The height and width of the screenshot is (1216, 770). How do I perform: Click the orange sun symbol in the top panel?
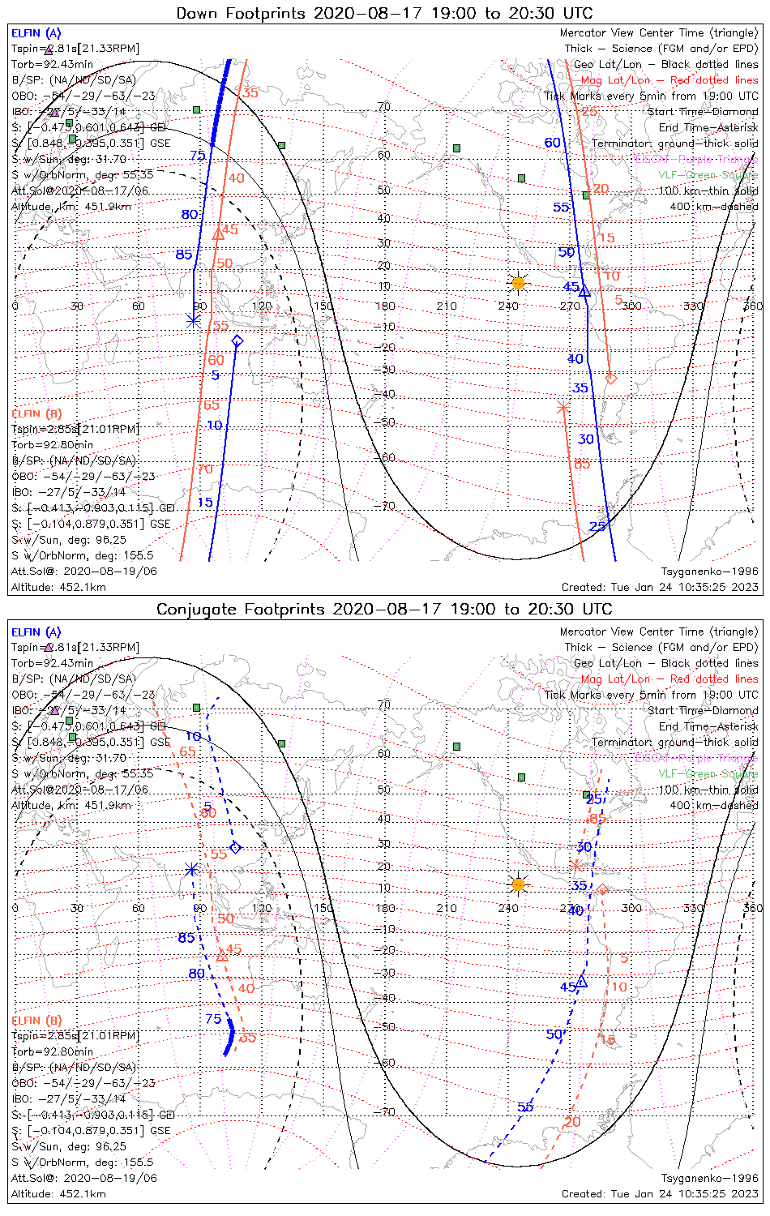tap(518, 283)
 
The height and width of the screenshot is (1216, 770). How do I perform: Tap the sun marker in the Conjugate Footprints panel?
tap(518, 883)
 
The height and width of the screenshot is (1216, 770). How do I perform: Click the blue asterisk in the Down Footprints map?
tap(194, 320)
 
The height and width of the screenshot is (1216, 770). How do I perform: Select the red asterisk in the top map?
tap(563, 408)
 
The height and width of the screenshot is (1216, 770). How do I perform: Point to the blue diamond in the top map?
tap(237, 341)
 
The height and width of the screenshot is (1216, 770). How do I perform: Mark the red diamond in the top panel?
tap(611, 378)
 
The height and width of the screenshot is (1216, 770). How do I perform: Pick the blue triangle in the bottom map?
tap(581, 981)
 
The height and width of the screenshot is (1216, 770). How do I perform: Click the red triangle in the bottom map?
tap(222, 957)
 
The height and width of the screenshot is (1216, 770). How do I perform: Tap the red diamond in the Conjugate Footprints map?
tap(602, 889)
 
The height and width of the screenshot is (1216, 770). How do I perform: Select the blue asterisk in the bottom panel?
tap(191, 870)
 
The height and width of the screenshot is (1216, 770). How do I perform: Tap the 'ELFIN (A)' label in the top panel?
tap(36, 33)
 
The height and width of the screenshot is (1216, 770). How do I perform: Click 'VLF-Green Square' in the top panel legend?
tap(708, 175)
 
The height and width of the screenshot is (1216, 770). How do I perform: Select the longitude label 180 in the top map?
tap(385, 306)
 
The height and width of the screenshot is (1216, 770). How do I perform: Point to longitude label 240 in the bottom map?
tap(508, 908)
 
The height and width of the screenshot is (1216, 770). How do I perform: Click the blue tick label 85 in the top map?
tap(184, 255)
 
